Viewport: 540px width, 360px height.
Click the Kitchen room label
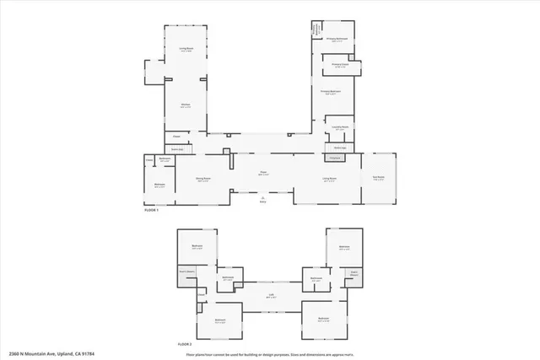pyautogui.click(x=184, y=105)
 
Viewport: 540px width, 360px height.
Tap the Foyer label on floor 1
pyautogui.click(x=263, y=173)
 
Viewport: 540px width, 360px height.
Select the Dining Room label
pyautogui.click(x=203, y=179)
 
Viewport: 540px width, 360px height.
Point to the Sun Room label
pyautogui.click(x=379, y=178)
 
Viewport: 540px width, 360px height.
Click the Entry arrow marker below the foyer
pyautogui.click(x=263, y=199)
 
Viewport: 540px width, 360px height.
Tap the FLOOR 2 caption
pyautogui.click(x=185, y=345)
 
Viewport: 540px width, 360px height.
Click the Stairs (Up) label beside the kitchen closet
pyautogui.click(x=178, y=148)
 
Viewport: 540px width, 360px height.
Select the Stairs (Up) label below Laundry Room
pyautogui.click(x=340, y=148)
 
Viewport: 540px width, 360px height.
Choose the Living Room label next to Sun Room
pyautogui.click(x=329, y=179)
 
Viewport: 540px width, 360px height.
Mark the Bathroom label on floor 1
pyautogui.click(x=165, y=159)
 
